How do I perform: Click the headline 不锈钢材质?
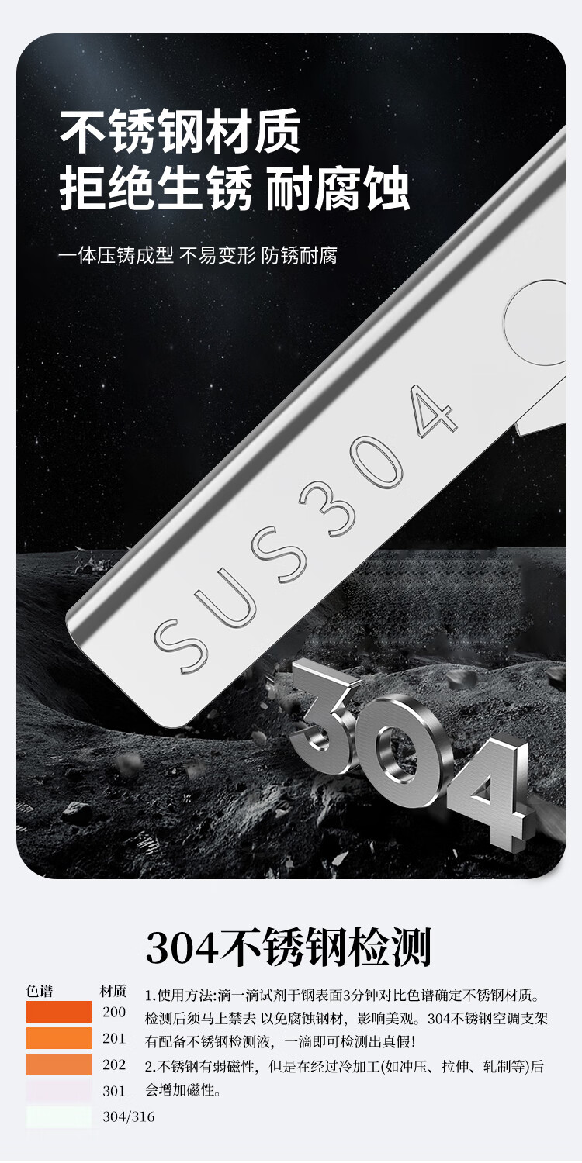point(180,131)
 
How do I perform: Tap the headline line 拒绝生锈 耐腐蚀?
point(234,188)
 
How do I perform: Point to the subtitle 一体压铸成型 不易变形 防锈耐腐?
point(197,255)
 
